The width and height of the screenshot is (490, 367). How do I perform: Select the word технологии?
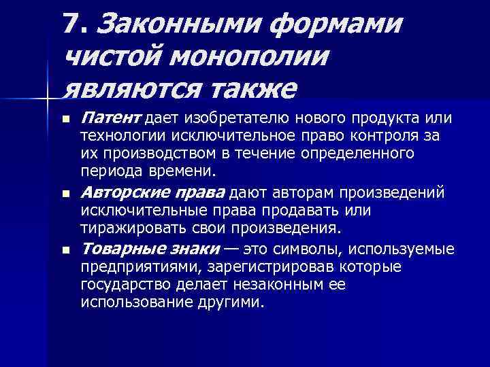pyautogui.click(x=114, y=137)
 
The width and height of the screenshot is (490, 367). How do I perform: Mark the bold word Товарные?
pyautogui.click(x=121, y=251)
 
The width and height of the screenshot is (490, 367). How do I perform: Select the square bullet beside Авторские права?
pyautogui.click(x=65, y=194)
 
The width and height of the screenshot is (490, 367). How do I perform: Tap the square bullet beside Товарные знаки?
pyautogui.click(x=65, y=251)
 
